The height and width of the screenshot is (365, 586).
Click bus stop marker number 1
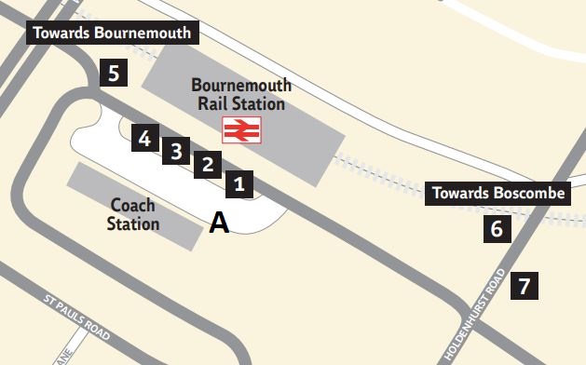tap(239, 183)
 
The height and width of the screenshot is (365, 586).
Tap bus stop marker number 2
tap(208, 165)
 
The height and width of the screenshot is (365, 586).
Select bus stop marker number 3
tap(177, 150)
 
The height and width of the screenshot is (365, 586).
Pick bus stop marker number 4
tap(144, 139)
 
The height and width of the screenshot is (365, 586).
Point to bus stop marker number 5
tap(114, 72)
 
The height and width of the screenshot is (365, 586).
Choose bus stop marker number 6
tap(497, 228)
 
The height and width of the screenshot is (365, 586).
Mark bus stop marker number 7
tap(525, 286)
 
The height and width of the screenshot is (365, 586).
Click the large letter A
tap(219, 223)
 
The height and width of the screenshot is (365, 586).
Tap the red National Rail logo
tap(241, 129)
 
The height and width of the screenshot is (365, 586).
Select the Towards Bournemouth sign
tap(112, 34)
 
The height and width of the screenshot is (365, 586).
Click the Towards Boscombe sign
tap(497, 194)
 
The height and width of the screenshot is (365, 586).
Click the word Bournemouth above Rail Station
tap(241, 85)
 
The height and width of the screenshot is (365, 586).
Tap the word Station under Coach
tap(133, 224)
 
